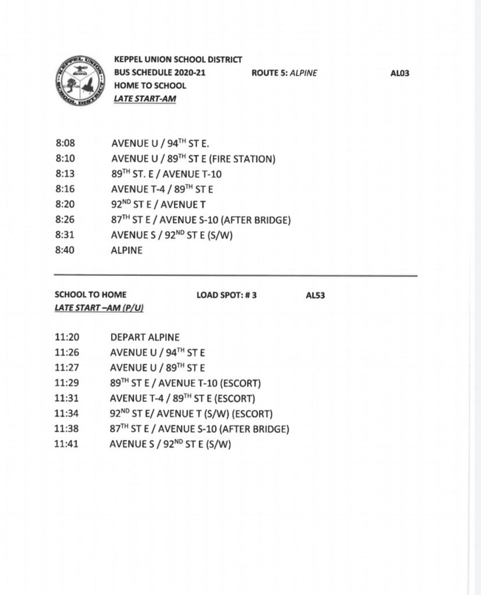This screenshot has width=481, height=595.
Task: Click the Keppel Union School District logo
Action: (x=81, y=81)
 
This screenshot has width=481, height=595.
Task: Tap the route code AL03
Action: (x=400, y=73)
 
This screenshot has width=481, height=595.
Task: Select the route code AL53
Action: (x=315, y=295)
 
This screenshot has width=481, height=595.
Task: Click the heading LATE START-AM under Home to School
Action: (x=145, y=99)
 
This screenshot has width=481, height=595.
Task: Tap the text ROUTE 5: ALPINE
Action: (x=284, y=73)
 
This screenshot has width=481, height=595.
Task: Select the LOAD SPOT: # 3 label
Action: (x=227, y=295)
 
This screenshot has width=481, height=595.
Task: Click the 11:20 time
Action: (x=67, y=337)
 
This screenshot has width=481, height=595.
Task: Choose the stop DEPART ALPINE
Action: (x=145, y=337)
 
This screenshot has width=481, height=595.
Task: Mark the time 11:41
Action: (x=67, y=445)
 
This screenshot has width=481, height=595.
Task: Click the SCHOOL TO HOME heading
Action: (x=90, y=295)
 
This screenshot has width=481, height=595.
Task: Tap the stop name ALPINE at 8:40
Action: (x=126, y=251)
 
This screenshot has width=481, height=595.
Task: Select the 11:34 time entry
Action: (x=67, y=414)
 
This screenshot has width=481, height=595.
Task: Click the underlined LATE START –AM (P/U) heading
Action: (x=99, y=307)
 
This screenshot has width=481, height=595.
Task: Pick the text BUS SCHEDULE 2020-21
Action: (x=160, y=73)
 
